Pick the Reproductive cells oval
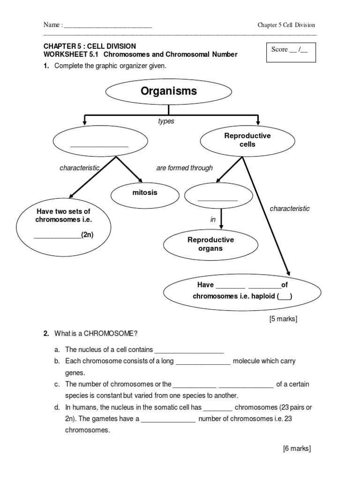(x=247, y=140)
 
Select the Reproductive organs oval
(x=210, y=244)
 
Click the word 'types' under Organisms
(x=166, y=121)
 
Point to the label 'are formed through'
(x=184, y=168)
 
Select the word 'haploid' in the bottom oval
(x=263, y=296)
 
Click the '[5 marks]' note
(x=283, y=319)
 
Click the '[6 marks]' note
(x=297, y=449)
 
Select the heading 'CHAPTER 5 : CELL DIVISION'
(x=90, y=46)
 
